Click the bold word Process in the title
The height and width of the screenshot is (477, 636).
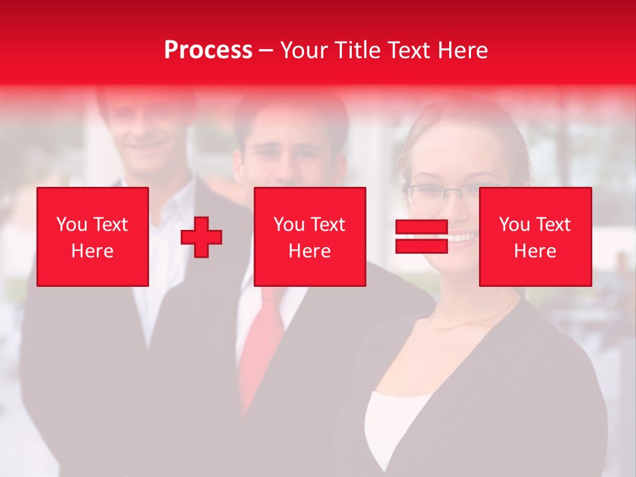click(208, 50)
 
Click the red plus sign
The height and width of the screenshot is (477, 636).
click(201, 237)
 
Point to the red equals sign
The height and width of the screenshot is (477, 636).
click(421, 237)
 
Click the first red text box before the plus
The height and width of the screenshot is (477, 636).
click(93, 237)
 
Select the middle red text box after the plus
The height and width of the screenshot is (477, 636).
click(310, 237)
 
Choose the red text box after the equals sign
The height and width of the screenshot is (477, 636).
click(535, 237)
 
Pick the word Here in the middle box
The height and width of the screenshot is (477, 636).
click(310, 251)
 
